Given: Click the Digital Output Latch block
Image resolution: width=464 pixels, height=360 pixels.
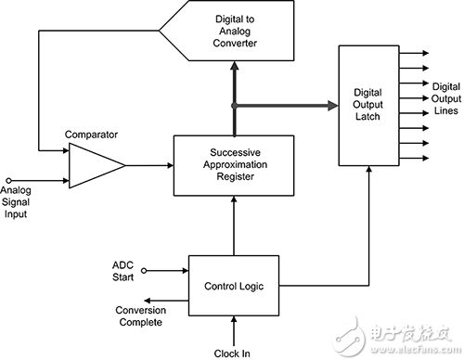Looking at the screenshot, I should [367, 106].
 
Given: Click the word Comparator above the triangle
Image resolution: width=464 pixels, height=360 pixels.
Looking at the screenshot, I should [90, 134].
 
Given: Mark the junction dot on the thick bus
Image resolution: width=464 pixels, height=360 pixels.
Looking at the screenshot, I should [235, 106].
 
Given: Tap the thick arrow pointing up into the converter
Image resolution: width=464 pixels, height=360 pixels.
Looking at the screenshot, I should [235, 74].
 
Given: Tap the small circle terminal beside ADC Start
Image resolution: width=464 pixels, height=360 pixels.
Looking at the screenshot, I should [149, 272].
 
